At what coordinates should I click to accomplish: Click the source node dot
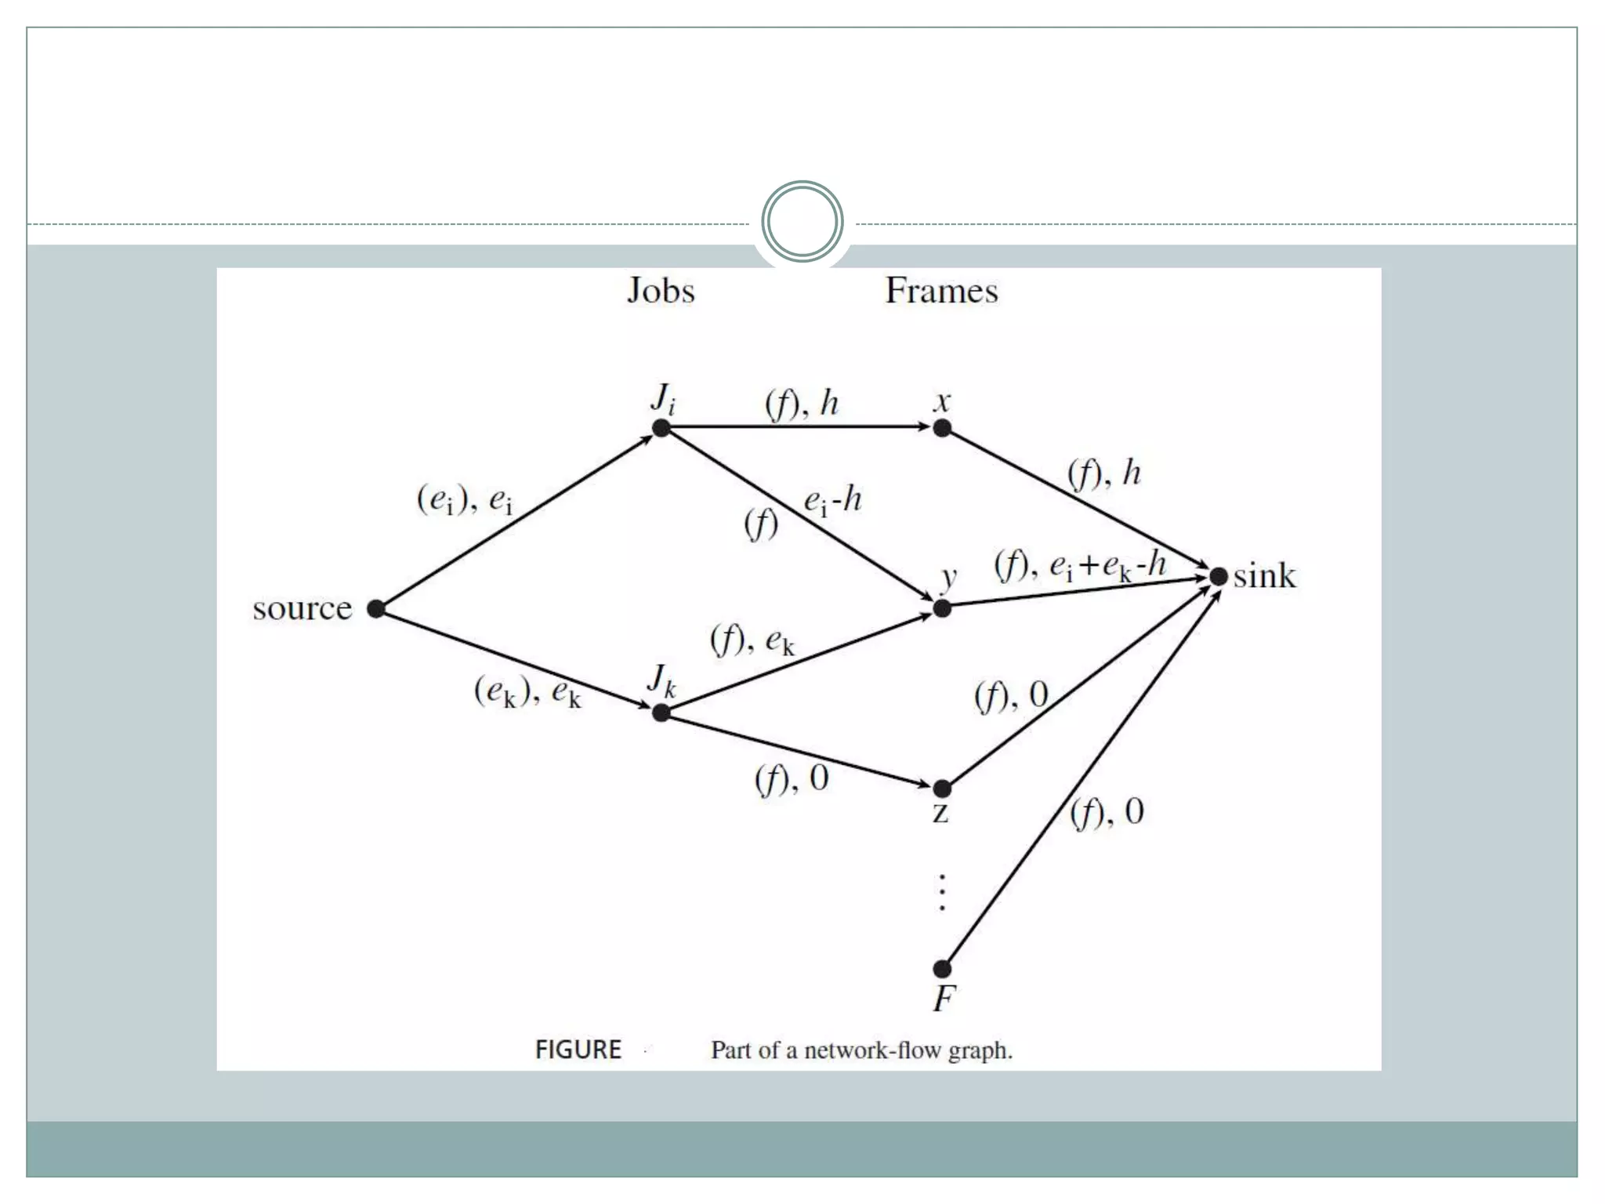[376, 609]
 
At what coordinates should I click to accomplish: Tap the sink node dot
[1218, 577]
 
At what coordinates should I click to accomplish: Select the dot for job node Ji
[661, 428]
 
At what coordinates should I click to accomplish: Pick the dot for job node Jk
[661, 713]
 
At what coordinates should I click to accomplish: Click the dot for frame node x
[942, 428]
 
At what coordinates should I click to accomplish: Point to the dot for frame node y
[942, 608]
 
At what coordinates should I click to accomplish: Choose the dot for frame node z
[942, 788]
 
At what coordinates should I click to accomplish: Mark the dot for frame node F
[942, 969]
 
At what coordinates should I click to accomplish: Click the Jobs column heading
[661, 292]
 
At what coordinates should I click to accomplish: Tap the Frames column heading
[941, 292]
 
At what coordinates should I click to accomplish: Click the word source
[303, 609]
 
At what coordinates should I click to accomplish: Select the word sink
[1264, 577]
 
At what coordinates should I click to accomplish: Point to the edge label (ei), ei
[465, 499]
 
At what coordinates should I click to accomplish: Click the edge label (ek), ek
[527, 692]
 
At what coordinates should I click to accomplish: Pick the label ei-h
[832, 500]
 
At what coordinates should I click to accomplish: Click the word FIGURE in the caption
[578, 1050]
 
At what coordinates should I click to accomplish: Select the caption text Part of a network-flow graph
[861, 1050]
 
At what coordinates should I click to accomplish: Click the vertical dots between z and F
[942, 893]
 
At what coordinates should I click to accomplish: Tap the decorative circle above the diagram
[802, 221]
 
